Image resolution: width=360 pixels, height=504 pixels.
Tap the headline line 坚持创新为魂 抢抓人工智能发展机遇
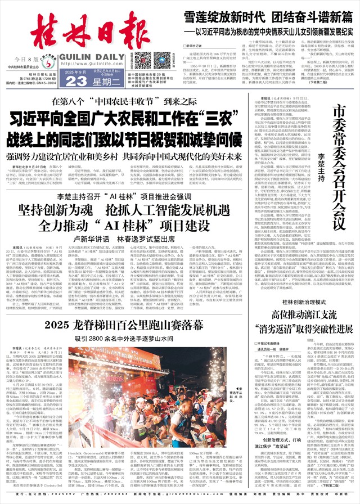[133, 211]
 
